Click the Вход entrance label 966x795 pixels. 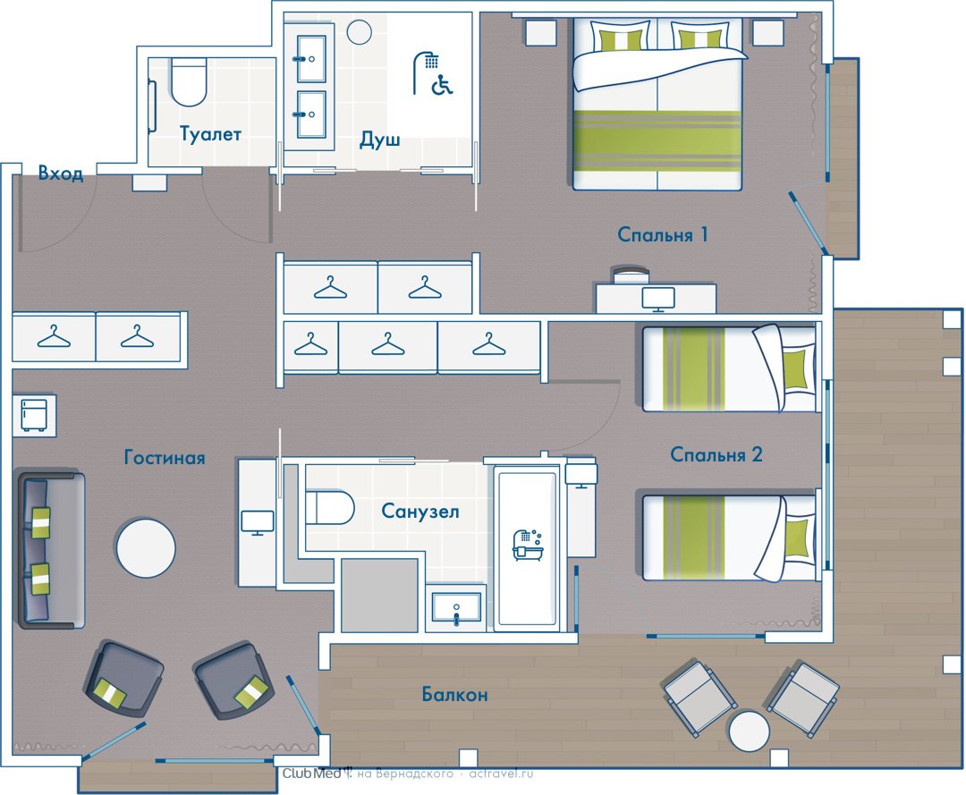click(61, 173)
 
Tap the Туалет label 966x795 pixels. click(210, 133)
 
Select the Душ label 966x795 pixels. click(379, 140)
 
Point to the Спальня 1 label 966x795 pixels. click(662, 234)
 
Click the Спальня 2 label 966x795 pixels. click(716, 454)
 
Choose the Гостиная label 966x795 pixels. click(165, 458)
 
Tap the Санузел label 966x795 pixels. click(420, 512)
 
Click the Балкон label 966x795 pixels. click(454, 695)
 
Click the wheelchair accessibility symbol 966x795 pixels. click(443, 84)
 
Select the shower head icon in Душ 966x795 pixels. click(425, 69)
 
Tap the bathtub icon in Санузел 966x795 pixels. click(528, 545)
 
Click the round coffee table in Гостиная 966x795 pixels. click(146, 548)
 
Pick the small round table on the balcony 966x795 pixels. click(750, 731)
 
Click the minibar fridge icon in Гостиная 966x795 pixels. click(35, 415)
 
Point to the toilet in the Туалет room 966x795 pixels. click(189, 82)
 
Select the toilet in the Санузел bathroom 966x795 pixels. click(330, 507)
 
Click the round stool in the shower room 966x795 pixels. click(359, 32)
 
